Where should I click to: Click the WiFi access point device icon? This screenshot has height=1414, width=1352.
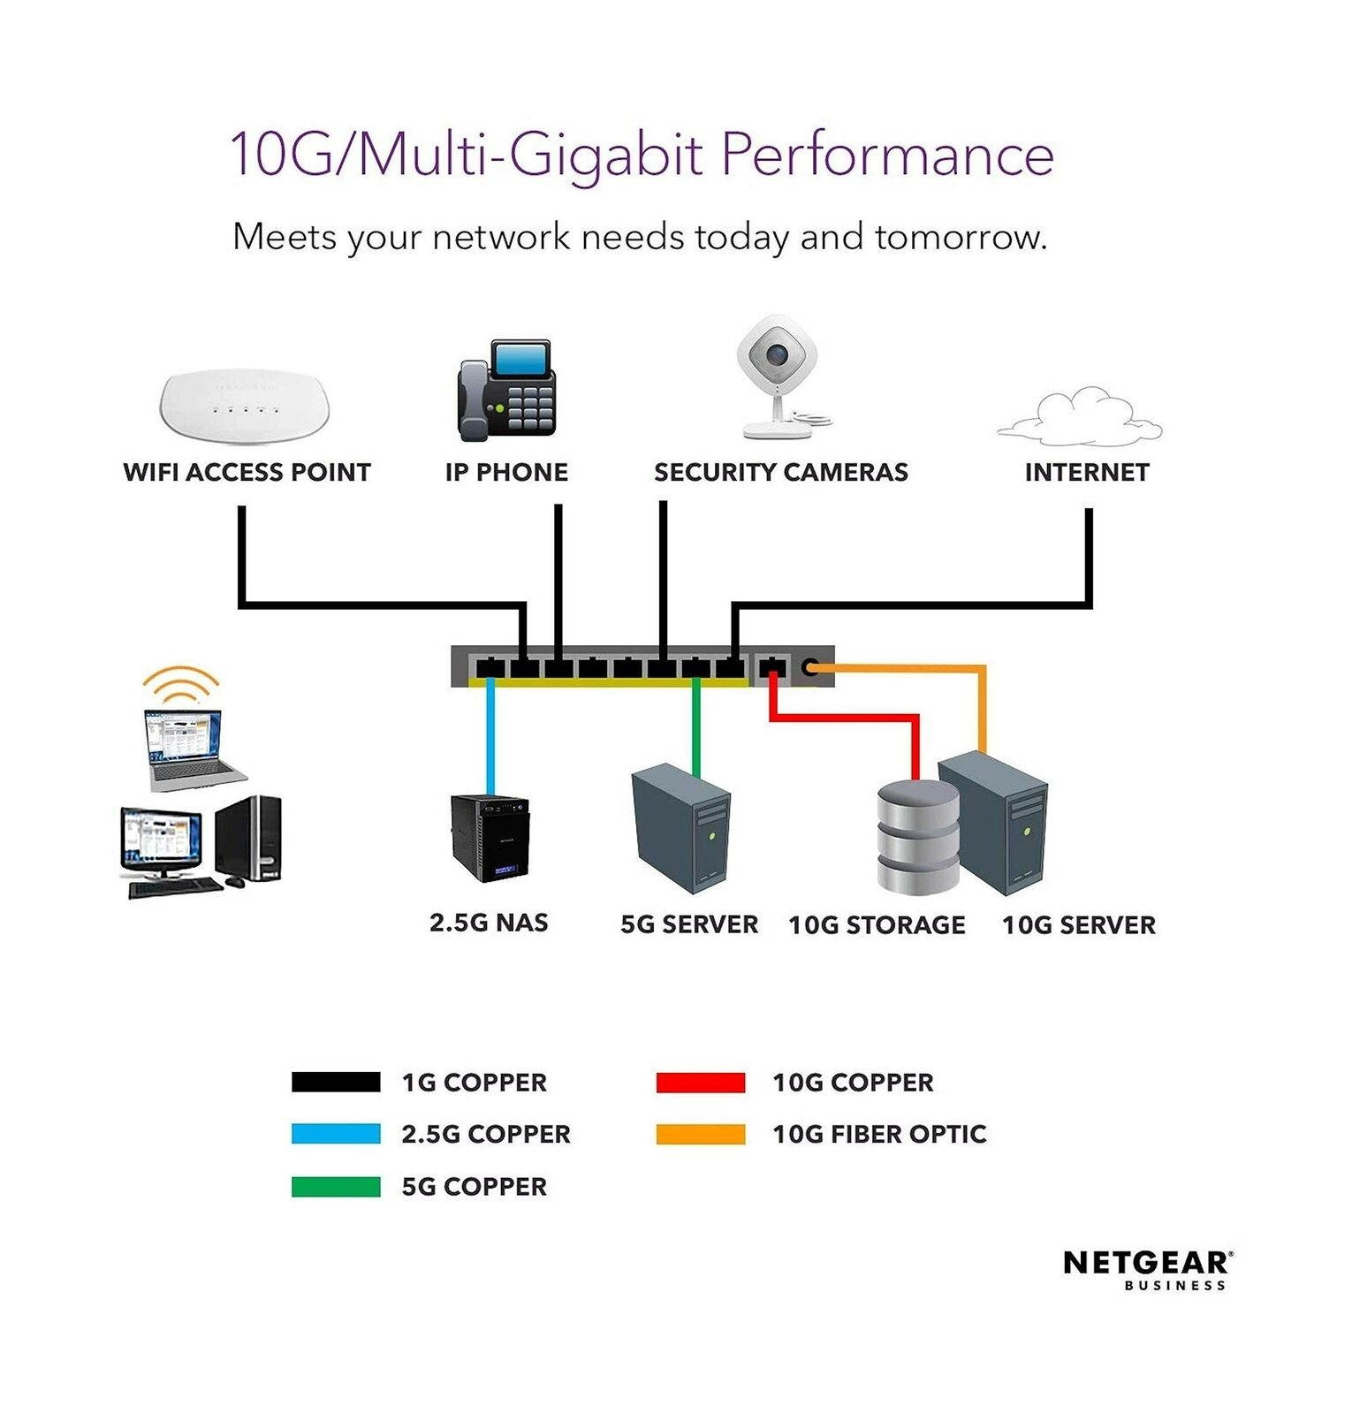[x=244, y=407]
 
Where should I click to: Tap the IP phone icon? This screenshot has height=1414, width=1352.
[x=506, y=392]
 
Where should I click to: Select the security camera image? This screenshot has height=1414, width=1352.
[x=778, y=376]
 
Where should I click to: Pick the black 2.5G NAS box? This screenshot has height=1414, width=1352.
[x=490, y=838]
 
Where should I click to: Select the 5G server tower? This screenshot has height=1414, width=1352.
[x=681, y=829]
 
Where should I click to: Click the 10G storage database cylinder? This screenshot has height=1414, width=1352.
[x=917, y=836]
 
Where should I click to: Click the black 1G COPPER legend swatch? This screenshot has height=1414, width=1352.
[x=336, y=1082]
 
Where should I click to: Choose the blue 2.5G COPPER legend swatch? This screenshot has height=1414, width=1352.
[x=336, y=1134]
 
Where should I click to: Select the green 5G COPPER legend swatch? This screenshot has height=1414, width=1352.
[x=336, y=1186]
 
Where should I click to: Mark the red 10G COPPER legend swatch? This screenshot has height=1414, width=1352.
[x=700, y=1082]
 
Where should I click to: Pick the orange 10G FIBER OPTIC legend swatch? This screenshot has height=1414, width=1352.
[x=700, y=1134]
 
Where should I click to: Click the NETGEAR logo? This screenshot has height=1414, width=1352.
[x=1147, y=1265]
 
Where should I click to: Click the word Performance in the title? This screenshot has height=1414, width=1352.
[x=887, y=155]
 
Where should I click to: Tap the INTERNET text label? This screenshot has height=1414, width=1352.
[x=1086, y=473]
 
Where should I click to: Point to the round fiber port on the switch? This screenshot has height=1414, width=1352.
[x=809, y=667]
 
